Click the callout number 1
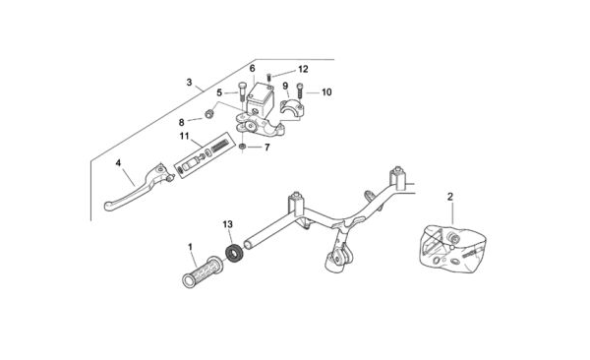click(190, 247)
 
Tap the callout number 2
click(450, 197)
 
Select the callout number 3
click(189, 82)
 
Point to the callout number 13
click(228, 224)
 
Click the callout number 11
click(184, 136)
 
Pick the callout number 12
click(303, 69)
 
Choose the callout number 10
click(326, 91)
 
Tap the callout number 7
click(267, 148)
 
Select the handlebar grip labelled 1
click(203, 272)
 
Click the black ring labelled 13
click(235, 253)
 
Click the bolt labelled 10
click(300, 90)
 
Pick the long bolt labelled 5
click(242, 91)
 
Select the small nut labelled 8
click(208, 112)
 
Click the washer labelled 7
click(243, 147)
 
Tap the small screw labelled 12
click(269, 77)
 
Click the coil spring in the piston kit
click(219, 146)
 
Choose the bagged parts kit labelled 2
click(452, 249)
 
